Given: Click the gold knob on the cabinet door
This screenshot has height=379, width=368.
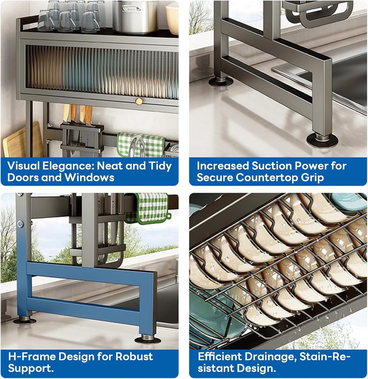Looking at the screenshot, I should (x=139, y=101).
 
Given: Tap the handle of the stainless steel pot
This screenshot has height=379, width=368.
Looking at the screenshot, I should (x=127, y=9).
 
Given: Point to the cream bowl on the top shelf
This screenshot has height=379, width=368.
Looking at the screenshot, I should (x=172, y=19).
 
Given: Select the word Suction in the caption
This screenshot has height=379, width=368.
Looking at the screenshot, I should (x=271, y=166).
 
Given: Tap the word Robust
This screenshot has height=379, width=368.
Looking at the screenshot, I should (x=134, y=357).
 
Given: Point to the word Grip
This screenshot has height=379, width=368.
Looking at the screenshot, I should (x=313, y=178).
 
